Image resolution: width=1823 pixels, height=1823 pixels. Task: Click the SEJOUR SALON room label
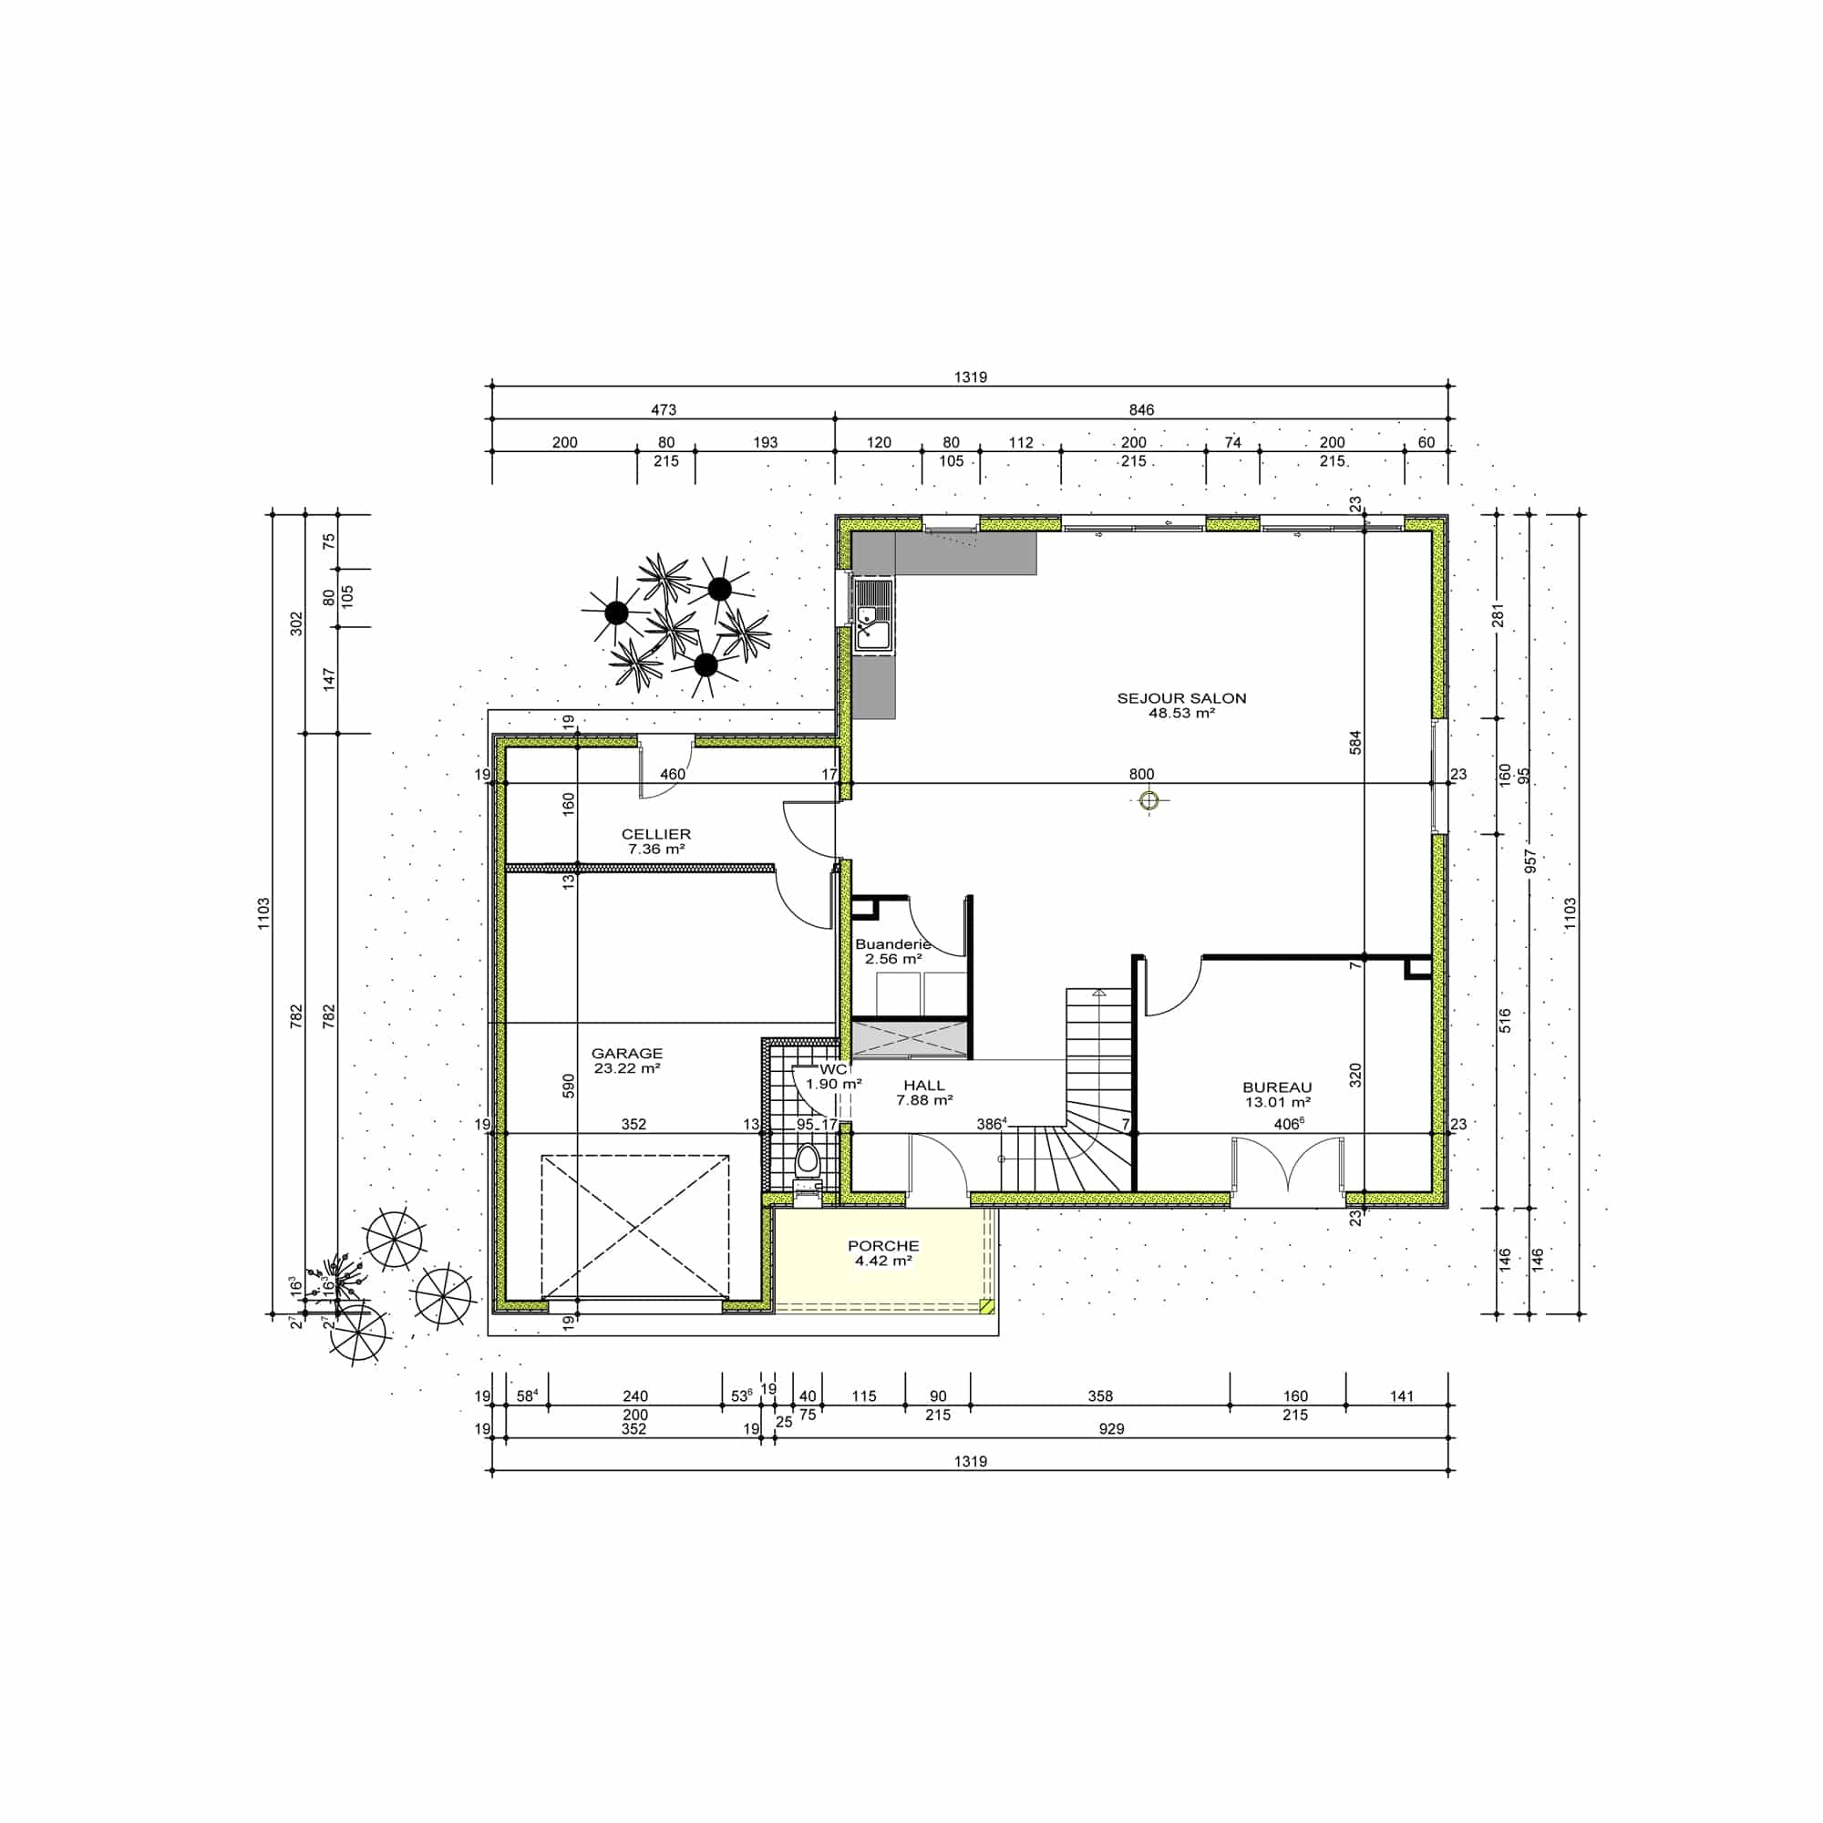coord(1181,698)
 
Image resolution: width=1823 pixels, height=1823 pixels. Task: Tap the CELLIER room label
coord(655,834)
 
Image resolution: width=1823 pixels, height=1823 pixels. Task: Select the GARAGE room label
coord(626,1053)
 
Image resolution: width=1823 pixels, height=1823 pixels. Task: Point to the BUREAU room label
coord(1278,1087)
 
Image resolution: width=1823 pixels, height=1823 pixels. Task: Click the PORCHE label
coord(883,1245)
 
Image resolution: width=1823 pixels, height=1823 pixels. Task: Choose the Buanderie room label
coord(892,943)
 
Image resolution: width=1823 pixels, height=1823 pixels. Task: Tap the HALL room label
coord(923,1085)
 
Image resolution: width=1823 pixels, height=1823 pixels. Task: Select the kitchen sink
coord(873,616)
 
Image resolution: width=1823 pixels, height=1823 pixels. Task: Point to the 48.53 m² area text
coord(1181,714)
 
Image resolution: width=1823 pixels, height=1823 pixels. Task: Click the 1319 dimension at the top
coord(970,377)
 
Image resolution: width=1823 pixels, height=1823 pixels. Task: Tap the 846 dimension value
coord(1142,409)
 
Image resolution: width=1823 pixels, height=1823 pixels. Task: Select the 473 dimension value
coord(664,409)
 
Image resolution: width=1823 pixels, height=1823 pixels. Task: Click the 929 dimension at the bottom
coord(1111,1428)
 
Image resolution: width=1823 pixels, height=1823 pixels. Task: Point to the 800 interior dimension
coord(1142,774)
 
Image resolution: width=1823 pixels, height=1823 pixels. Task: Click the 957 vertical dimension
coord(1530,861)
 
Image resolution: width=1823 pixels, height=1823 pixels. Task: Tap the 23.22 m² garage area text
coord(626,1068)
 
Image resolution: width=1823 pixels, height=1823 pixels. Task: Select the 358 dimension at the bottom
coord(1100,1396)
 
